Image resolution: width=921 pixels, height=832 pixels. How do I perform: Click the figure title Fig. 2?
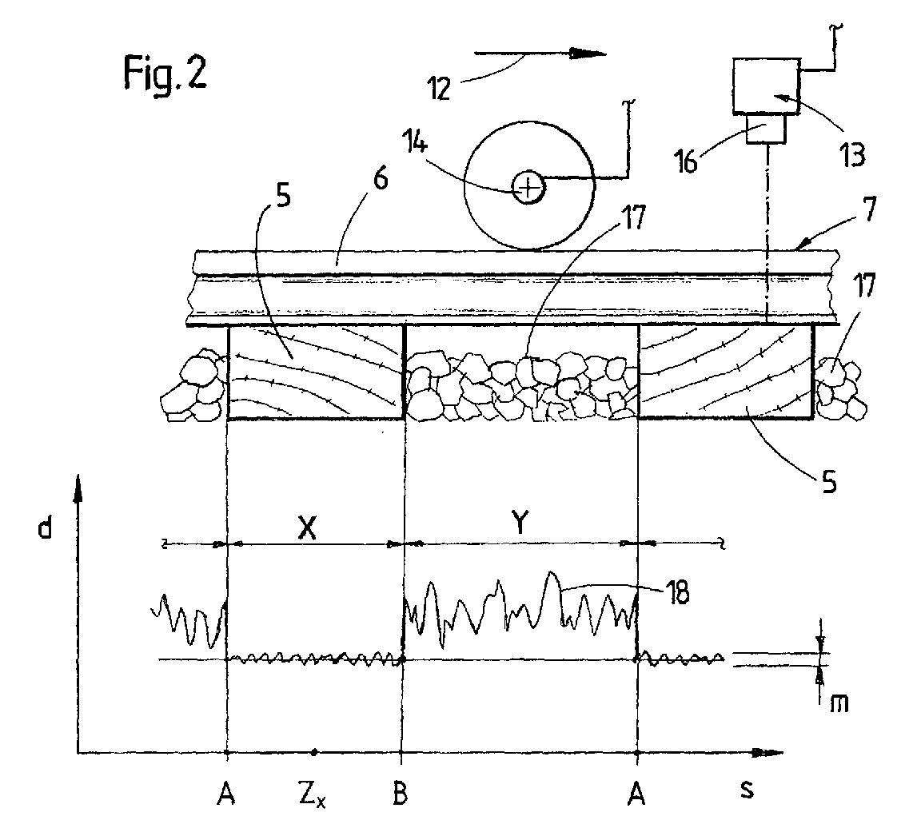[x=165, y=72]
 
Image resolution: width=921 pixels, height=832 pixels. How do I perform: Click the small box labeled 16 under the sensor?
[x=767, y=127]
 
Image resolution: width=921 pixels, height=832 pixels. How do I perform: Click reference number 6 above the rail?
[x=381, y=178]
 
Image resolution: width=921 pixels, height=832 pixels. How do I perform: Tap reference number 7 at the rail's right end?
[x=869, y=209]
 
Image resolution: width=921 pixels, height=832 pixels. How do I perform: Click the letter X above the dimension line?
[x=307, y=528]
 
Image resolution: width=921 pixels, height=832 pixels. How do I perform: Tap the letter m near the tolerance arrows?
[x=839, y=703]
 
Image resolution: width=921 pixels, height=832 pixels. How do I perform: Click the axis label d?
[x=45, y=528]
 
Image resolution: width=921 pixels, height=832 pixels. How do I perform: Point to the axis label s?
[x=747, y=790]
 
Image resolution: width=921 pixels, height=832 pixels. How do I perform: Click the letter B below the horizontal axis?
[x=400, y=794]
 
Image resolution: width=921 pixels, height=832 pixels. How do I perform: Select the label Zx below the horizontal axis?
[x=312, y=797]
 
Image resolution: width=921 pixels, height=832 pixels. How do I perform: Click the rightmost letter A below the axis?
[x=636, y=794]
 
